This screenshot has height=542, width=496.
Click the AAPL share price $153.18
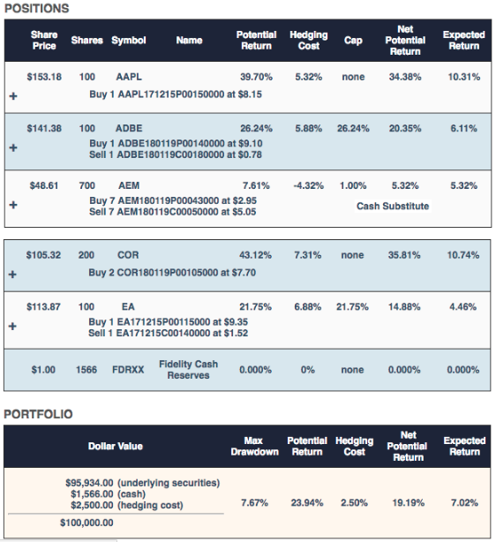[x=44, y=77]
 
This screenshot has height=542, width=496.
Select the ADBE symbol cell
[x=129, y=128]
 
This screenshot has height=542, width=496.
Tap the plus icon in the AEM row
[x=13, y=205]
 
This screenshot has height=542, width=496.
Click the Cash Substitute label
[x=393, y=206]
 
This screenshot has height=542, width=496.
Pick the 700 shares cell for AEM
[x=86, y=185]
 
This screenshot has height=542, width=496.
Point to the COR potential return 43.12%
[x=255, y=255]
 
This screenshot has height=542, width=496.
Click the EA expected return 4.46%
[x=462, y=306]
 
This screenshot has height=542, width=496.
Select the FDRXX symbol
[x=128, y=370]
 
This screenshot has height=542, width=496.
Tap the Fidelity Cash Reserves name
[x=188, y=370]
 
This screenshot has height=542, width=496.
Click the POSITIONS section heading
[x=37, y=8]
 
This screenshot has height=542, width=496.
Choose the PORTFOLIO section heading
[x=38, y=414]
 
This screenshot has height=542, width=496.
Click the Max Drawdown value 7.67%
[x=254, y=502]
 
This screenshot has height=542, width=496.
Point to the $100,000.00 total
[x=86, y=523]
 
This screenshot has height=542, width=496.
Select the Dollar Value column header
[x=115, y=446]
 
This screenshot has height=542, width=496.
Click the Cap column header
[x=353, y=41]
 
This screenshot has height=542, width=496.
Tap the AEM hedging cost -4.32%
[x=308, y=185]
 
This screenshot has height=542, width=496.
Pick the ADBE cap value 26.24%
[x=353, y=128]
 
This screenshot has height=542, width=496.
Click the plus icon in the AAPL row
[x=13, y=95]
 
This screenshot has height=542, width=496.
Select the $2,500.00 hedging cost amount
[x=92, y=505]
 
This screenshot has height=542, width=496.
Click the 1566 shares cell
[x=86, y=370]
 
